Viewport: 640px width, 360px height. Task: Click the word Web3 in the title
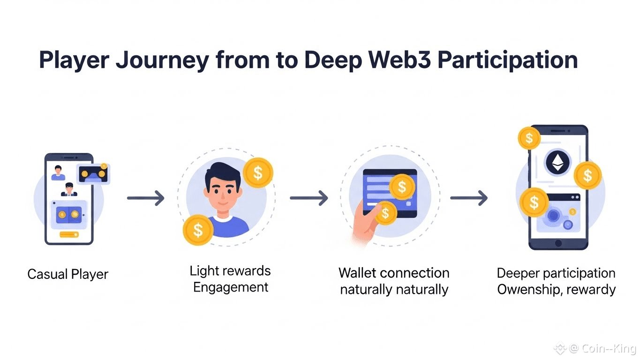pos(404,61)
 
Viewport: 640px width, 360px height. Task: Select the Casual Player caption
pos(68,274)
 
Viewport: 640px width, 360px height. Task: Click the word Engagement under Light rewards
pos(231,287)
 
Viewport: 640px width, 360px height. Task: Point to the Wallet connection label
pos(394,273)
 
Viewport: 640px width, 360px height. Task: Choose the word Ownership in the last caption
pos(527,289)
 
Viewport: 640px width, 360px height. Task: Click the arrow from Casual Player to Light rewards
pos(146,198)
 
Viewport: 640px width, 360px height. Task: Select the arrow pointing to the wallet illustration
pos(309,198)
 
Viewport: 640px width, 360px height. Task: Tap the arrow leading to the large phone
pos(469,198)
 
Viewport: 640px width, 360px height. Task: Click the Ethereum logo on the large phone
pos(557,163)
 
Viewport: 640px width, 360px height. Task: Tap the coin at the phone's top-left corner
pos(529,138)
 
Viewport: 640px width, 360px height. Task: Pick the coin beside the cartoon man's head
pos(258,172)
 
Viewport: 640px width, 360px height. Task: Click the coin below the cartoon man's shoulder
pos(198,230)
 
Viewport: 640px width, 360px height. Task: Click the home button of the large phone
pos(558,243)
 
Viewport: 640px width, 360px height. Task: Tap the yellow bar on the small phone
pos(69,234)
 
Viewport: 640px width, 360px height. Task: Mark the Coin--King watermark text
pos(609,349)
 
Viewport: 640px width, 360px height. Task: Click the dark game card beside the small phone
pos(93,173)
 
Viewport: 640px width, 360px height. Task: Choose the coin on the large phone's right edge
pos(587,176)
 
